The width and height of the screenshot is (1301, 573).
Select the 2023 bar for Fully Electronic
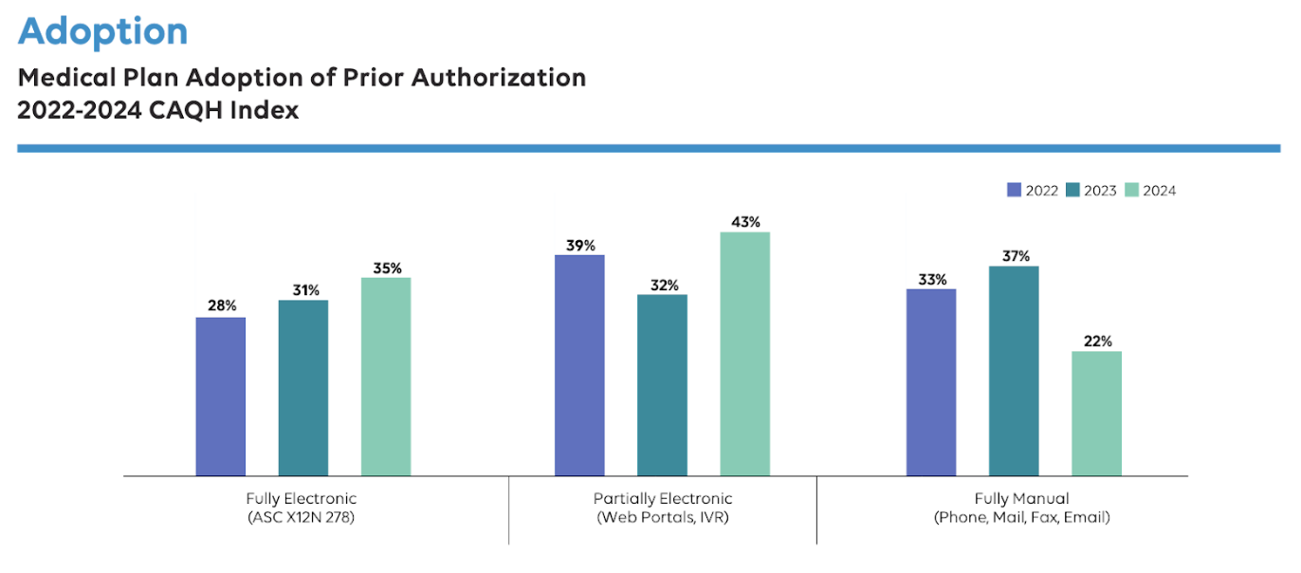click(x=302, y=388)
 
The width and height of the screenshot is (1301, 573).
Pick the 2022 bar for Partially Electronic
click(x=579, y=365)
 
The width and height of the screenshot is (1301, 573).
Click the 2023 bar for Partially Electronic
click(x=662, y=385)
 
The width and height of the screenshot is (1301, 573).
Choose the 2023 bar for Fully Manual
click(x=1014, y=371)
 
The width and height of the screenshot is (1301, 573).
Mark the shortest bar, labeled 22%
click(x=1096, y=414)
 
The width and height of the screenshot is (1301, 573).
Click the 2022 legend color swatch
click(x=1014, y=190)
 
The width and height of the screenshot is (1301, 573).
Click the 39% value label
click(x=579, y=245)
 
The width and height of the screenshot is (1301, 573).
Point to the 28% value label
click(x=222, y=306)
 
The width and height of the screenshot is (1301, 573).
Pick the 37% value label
click(x=1015, y=256)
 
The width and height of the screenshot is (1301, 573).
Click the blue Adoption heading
click(x=102, y=32)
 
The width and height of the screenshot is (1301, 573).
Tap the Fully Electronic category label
click(x=301, y=498)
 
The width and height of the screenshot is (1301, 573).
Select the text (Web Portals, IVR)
click(x=663, y=518)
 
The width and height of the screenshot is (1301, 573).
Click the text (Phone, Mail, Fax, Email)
click(x=1021, y=518)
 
